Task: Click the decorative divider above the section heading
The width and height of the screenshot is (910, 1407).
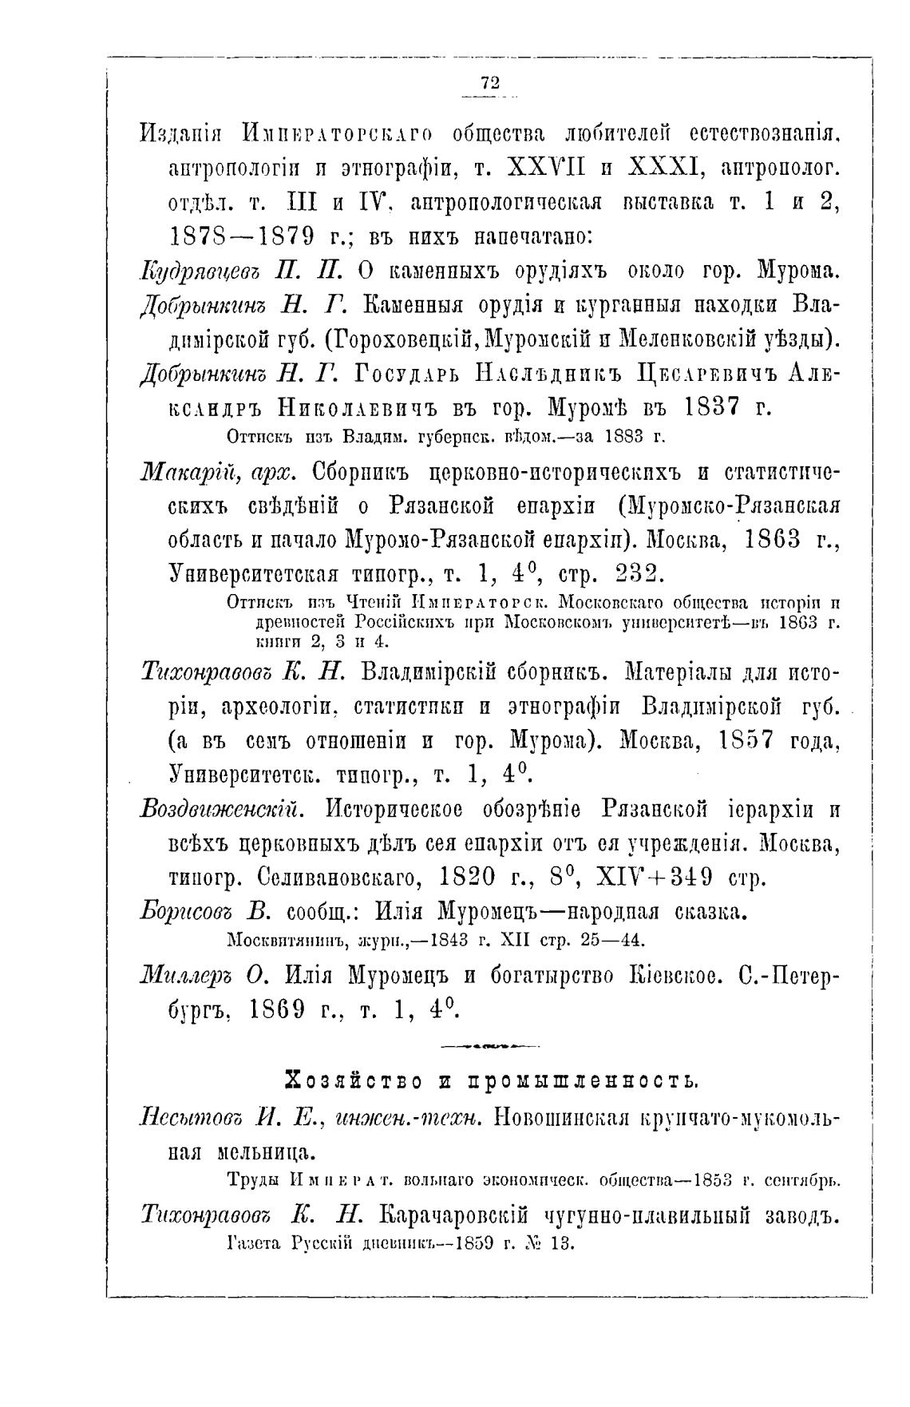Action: click(x=489, y=1044)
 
